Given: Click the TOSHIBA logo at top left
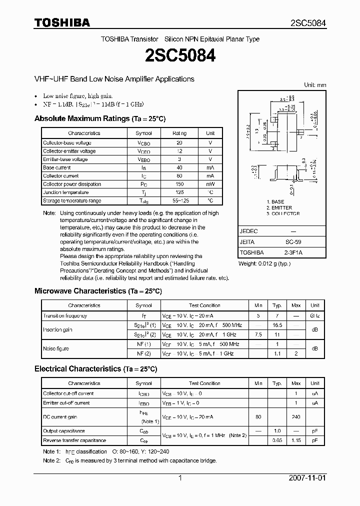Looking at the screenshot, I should tap(62, 22).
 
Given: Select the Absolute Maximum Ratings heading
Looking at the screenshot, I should tap(99, 118).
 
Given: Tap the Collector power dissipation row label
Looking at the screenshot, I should tap(72, 184).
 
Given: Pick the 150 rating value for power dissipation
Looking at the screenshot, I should tap(179, 184).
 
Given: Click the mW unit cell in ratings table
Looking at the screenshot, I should tap(210, 184).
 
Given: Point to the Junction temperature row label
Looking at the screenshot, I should tap(66, 192).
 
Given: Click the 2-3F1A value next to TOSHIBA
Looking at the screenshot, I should tap(292, 252).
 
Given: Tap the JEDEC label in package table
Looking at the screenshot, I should tap(249, 231).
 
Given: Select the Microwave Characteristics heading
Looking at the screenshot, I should tap(97, 290).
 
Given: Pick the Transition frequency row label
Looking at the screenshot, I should tap(65, 316).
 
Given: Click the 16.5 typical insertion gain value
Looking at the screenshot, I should tap(277, 325).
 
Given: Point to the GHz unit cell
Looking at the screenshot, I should tap(314, 316).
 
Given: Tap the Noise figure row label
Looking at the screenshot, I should tap(56, 348).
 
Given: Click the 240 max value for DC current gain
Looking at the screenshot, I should tap(296, 416).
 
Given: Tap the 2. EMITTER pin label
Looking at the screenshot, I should tap(279, 207).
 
